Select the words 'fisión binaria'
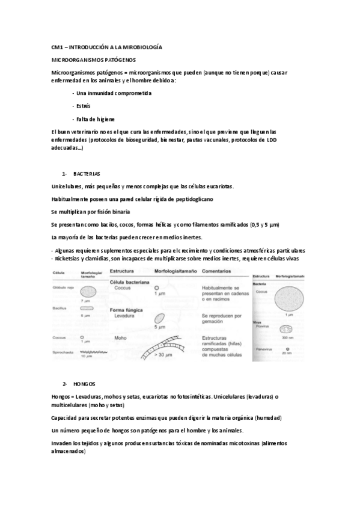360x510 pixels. (x=112, y=212)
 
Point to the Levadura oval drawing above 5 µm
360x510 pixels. (x=159, y=319)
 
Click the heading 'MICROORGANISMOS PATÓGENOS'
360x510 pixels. (x=94, y=60)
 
